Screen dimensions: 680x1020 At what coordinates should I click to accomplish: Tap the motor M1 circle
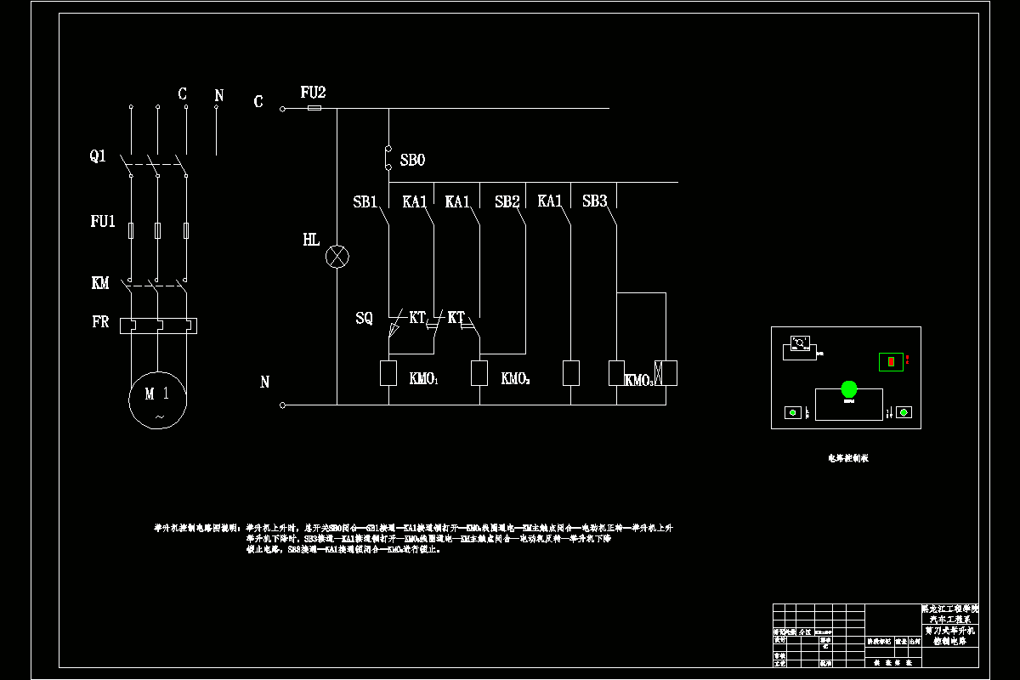158,402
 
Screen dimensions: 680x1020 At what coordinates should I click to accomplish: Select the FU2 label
313,92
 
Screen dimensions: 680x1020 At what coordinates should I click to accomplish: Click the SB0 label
412,160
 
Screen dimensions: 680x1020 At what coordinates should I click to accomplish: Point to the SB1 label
365,202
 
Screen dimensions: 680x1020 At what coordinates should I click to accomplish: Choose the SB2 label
507,202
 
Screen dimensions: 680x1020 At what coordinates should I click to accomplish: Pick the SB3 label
595,202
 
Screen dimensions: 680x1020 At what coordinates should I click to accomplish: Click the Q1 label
98,156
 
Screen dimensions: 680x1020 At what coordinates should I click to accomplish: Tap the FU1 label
102,222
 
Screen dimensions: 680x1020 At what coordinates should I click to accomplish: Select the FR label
100,323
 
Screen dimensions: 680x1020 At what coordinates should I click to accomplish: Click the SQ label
364,319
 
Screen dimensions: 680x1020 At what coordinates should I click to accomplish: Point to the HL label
311,240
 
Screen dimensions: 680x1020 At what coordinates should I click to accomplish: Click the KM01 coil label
423,379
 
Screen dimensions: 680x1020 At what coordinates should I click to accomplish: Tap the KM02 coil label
515,379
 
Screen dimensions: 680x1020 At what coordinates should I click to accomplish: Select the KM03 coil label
639,380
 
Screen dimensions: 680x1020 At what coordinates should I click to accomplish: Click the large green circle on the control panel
849,389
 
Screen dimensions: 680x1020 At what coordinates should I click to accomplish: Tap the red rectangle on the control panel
891,361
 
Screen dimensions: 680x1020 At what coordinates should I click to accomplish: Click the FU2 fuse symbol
314,108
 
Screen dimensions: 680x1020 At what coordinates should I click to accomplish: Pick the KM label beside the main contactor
100,283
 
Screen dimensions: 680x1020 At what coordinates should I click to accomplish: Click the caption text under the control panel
848,458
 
